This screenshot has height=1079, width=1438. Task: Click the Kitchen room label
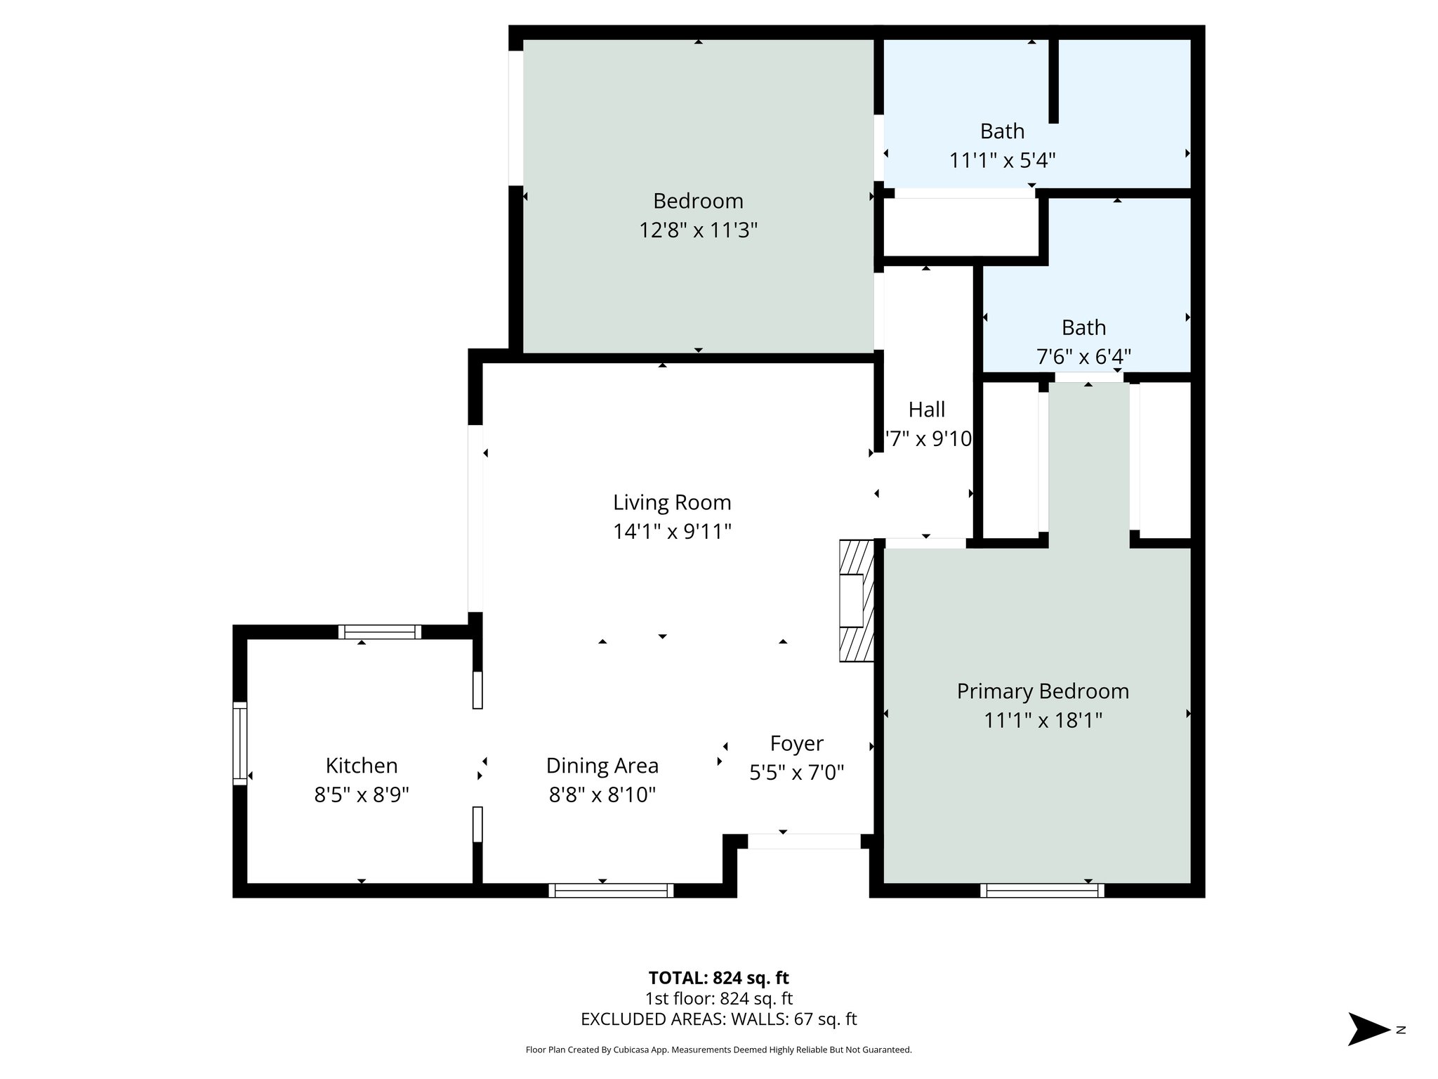[x=362, y=765]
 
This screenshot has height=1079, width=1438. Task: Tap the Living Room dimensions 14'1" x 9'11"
[x=672, y=532]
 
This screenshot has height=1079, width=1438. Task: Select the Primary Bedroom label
[x=1043, y=691]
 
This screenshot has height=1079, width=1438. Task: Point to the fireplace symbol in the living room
[x=857, y=601]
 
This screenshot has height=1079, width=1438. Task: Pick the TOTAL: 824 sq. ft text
[x=718, y=978]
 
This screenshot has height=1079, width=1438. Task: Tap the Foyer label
[x=796, y=743]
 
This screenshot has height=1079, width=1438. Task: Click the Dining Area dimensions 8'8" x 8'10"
[x=602, y=794]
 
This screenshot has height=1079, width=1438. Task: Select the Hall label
[x=927, y=410]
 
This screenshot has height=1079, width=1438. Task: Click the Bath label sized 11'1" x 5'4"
[x=1002, y=131]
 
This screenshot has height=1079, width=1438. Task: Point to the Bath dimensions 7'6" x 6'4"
[x=1083, y=357]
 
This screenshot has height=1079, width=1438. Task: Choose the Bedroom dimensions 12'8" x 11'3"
[x=698, y=230]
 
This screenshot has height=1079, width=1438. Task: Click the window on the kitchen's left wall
[x=240, y=744]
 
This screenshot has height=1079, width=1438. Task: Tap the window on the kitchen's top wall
[x=380, y=632]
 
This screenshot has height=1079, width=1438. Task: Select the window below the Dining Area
[x=611, y=891]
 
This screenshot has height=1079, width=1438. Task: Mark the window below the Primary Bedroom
[x=1042, y=891]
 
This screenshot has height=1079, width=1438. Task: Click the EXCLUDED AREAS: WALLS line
[x=718, y=1019]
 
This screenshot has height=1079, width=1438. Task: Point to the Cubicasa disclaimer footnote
[x=718, y=1049]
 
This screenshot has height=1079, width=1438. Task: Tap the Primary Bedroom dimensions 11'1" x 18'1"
[x=1043, y=720]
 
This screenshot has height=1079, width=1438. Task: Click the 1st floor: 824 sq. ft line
[x=718, y=999]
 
